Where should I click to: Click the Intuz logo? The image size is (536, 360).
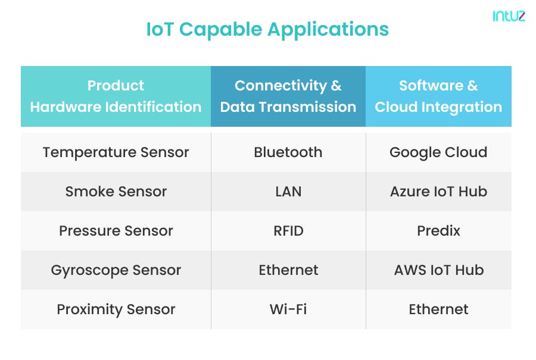coord(508,17)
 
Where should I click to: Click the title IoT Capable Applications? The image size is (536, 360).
coord(267,29)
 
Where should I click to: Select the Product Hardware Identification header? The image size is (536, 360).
coord(116,96)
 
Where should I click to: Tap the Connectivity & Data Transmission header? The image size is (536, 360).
coord(288,96)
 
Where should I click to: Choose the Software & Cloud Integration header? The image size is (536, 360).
coord(438,96)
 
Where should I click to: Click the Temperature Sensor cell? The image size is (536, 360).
coord(116,152)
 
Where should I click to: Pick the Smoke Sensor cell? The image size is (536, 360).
coord(116,192)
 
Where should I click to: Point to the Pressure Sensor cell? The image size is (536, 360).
coord(116,231)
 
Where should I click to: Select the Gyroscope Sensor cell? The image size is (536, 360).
coord(116,270)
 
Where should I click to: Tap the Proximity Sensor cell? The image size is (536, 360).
coord(116,309)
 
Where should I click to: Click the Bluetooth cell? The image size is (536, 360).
coord(288,152)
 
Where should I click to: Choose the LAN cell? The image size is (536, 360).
coord(288,192)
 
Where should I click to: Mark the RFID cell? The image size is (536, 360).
coord(288,231)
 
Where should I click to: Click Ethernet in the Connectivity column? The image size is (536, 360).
coord(288,270)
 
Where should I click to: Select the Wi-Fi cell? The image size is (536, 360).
coord(288,309)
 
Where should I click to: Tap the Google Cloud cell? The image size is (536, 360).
coord(438,152)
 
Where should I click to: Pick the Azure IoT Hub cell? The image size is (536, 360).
coord(438,192)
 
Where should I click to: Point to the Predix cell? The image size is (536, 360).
coord(438,231)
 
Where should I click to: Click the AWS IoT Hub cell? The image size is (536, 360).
coord(438,270)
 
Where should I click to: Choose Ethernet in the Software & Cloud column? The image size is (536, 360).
coord(438,309)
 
